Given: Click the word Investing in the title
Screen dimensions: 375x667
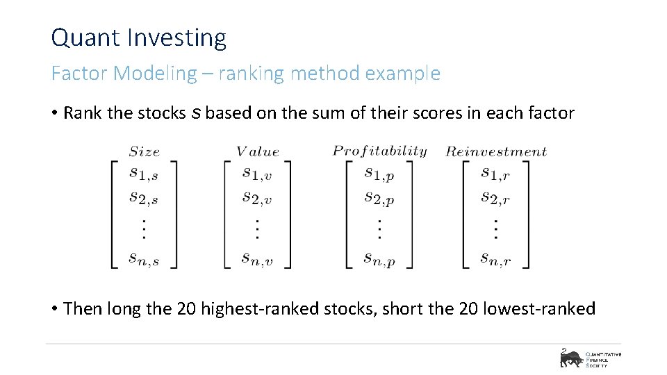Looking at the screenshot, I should coord(178,39).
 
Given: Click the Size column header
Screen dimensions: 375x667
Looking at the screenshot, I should coord(144,151).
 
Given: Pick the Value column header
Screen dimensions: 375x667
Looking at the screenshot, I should coord(257,151).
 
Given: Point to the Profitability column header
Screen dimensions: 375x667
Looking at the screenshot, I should coord(379,151).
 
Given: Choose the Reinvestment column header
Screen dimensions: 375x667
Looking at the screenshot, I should coord(496,151).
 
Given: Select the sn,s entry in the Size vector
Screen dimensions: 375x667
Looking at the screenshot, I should coord(144,258).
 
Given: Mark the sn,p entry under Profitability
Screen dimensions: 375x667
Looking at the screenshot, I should coord(379,258).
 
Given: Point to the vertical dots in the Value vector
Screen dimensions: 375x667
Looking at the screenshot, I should coord(257,228).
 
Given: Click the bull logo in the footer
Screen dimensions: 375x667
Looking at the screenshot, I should coord(570,358).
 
